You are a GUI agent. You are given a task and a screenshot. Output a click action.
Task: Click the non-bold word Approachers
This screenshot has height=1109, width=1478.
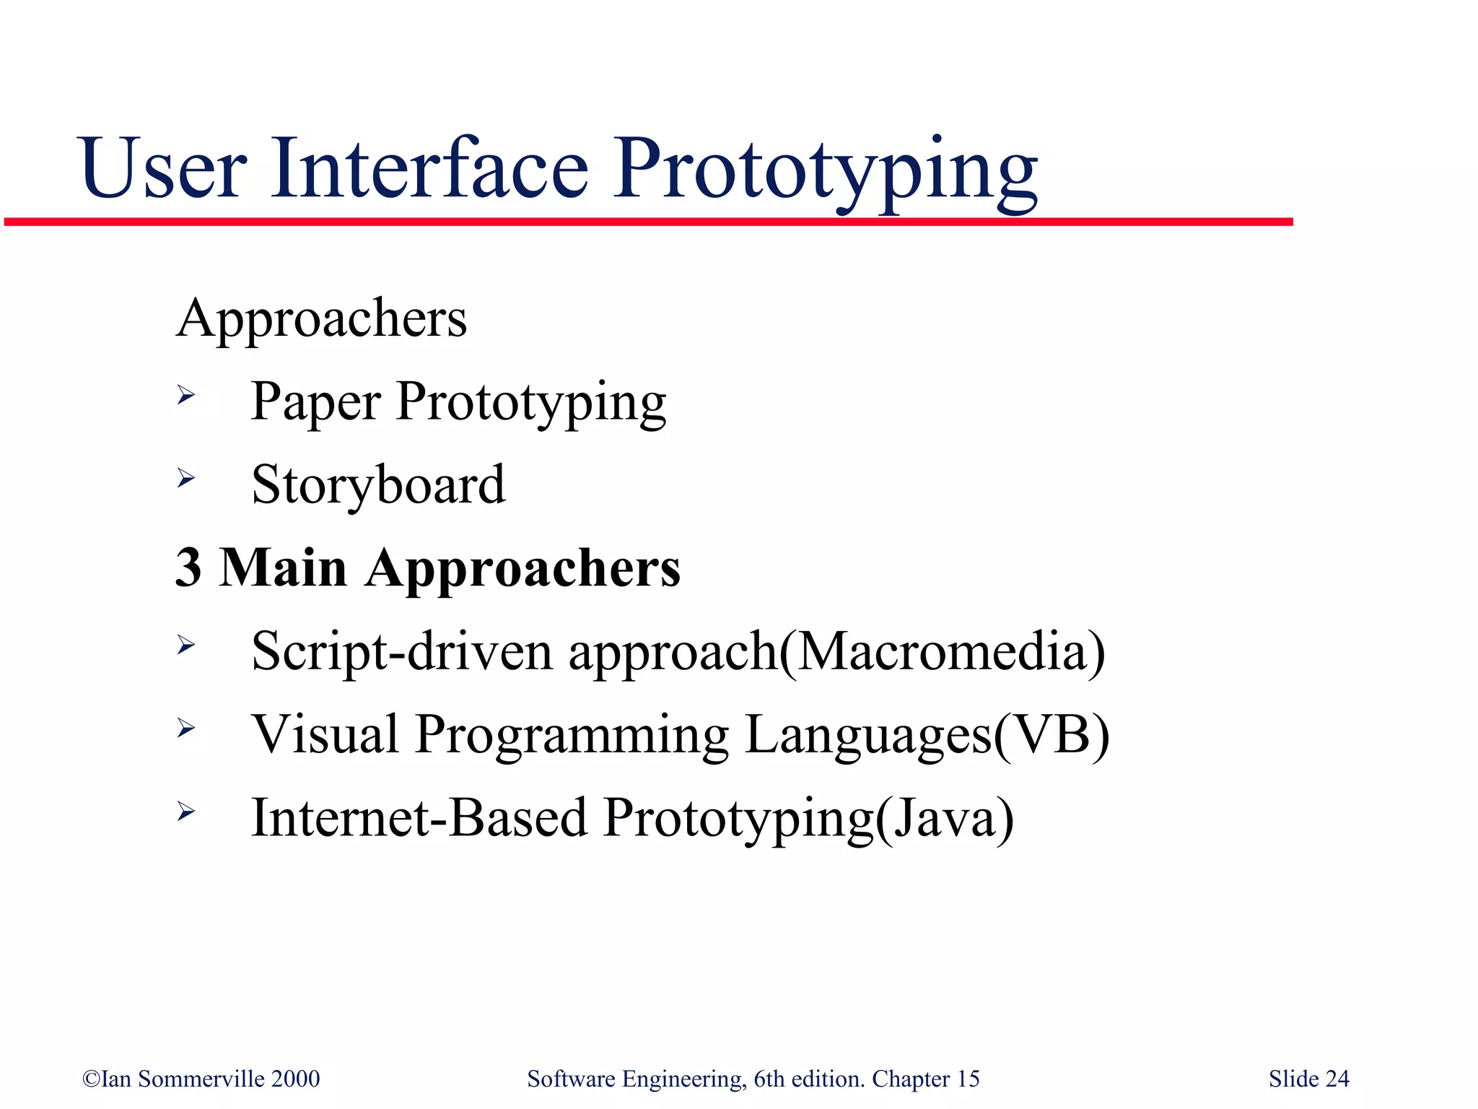[x=322, y=319]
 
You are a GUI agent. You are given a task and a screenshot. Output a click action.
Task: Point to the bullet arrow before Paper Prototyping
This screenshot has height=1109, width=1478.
[x=186, y=395]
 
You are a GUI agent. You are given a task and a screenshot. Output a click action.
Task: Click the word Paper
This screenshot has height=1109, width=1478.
[x=315, y=403]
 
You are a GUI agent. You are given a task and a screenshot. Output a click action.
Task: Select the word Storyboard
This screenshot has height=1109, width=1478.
[x=378, y=485]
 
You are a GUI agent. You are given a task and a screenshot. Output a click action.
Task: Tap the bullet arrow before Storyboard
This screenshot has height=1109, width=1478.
[x=186, y=478]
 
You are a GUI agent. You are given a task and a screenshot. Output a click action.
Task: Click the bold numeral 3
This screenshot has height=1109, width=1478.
[x=188, y=568]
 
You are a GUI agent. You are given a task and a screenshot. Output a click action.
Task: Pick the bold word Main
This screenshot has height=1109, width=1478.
[x=283, y=568]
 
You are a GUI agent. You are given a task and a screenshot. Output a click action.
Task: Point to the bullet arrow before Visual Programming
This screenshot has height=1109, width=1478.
[x=186, y=728]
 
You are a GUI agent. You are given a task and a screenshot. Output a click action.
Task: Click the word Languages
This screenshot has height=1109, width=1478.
[x=868, y=736]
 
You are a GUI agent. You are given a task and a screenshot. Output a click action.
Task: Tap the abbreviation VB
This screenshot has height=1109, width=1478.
[x=1051, y=734]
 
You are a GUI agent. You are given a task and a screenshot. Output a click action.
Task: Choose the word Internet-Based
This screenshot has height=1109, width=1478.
[x=419, y=818]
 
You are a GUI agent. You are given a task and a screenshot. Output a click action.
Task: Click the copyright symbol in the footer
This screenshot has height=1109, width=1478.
[x=91, y=1079]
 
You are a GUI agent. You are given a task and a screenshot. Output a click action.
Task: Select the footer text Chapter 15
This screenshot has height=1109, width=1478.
[x=925, y=1079]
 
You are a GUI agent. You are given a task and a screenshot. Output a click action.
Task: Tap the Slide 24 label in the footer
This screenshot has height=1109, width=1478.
[x=1308, y=1079]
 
